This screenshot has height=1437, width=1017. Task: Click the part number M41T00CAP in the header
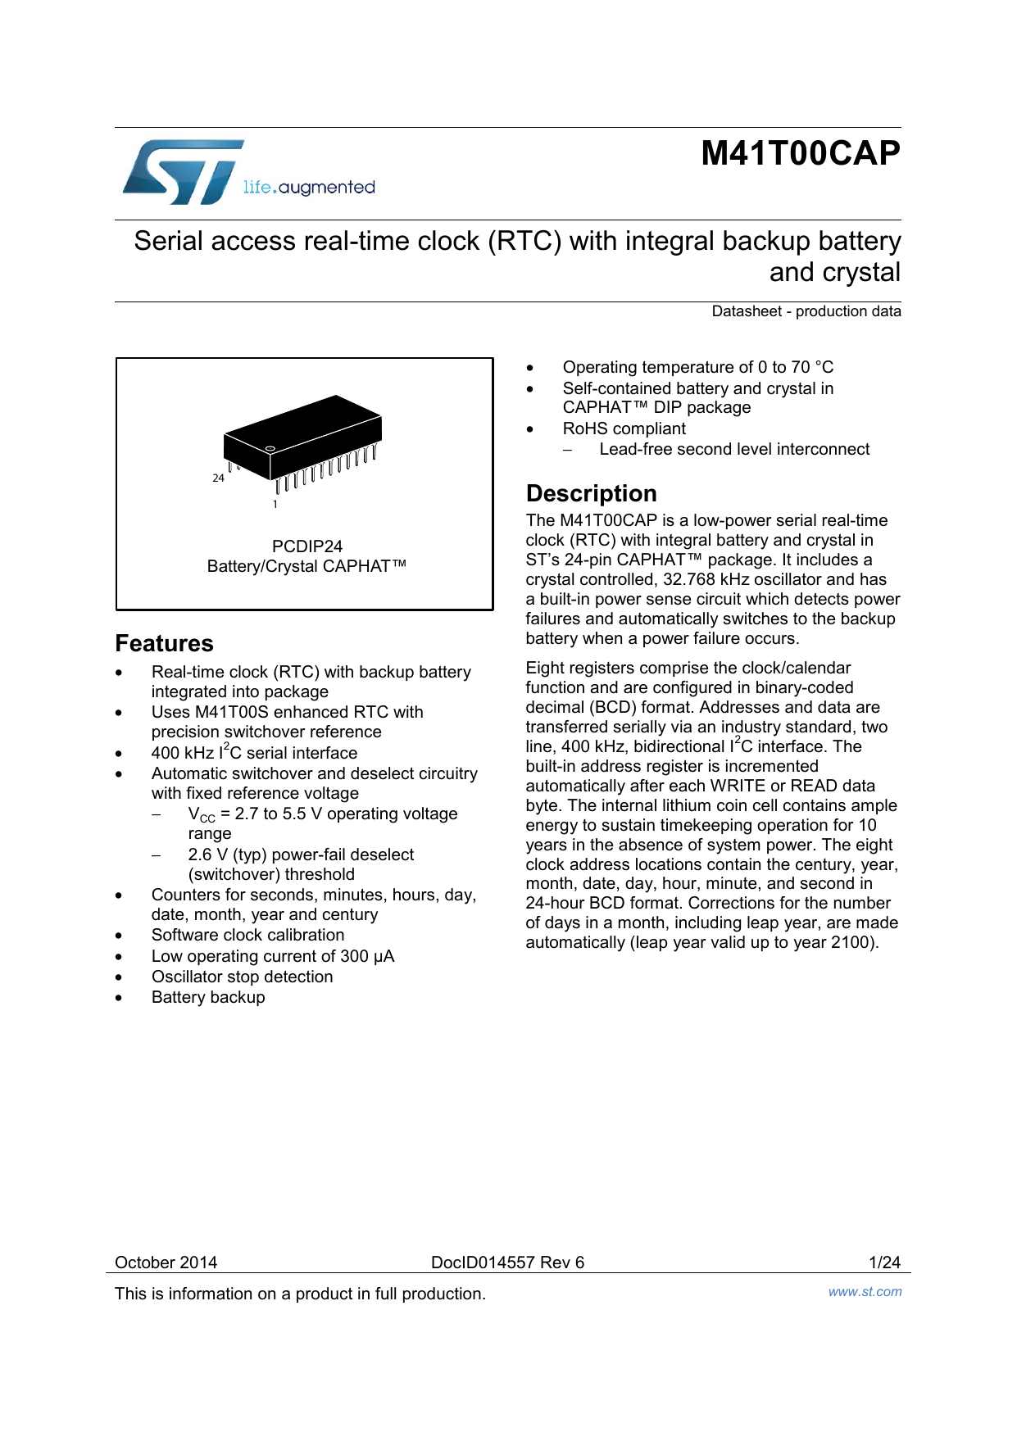(x=800, y=153)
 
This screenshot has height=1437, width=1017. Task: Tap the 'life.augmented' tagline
(x=309, y=188)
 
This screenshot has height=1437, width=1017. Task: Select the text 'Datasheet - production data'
(x=806, y=311)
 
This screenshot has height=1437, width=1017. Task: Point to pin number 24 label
(x=218, y=478)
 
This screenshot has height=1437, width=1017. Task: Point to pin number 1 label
(x=275, y=505)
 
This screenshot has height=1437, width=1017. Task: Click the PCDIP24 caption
(x=306, y=546)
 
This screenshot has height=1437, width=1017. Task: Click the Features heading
(x=164, y=643)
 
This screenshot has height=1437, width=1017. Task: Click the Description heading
(x=591, y=493)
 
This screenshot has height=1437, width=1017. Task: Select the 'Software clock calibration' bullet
(x=247, y=935)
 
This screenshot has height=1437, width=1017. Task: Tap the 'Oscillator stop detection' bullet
(x=242, y=977)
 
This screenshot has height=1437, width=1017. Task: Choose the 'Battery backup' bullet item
(x=208, y=997)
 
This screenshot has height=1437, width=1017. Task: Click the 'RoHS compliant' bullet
(x=624, y=428)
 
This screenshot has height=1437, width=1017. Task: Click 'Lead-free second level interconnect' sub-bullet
(x=733, y=449)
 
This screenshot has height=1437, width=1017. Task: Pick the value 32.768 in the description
(x=689, y=579)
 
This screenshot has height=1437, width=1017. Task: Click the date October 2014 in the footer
(x=166, y=1262)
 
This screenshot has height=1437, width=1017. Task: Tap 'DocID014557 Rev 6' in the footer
(x=507, y=1262)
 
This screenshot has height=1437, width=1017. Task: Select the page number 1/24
(x=884, y=1262)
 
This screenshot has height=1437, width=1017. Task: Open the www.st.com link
(x=865, y=1292)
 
